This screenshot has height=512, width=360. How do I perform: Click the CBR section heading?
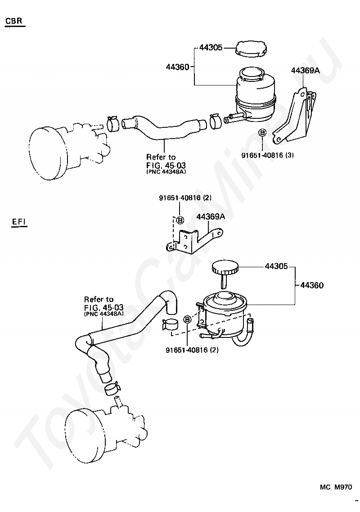point(14,21)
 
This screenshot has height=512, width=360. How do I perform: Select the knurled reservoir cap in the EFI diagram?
point(225,269)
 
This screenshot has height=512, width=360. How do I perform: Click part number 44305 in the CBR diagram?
point(211,47)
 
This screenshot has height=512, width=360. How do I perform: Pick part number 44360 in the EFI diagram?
point(312,285)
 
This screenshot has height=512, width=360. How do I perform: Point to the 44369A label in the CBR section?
point(305,70)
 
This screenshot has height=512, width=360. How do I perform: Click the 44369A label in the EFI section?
point(211,216)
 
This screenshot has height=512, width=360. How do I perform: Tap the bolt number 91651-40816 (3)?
point(268,155)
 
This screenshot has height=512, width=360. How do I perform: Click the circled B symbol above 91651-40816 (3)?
point(262,132)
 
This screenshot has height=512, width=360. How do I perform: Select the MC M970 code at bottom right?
point(336,487)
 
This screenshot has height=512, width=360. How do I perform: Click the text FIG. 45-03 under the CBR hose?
point(166,165)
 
